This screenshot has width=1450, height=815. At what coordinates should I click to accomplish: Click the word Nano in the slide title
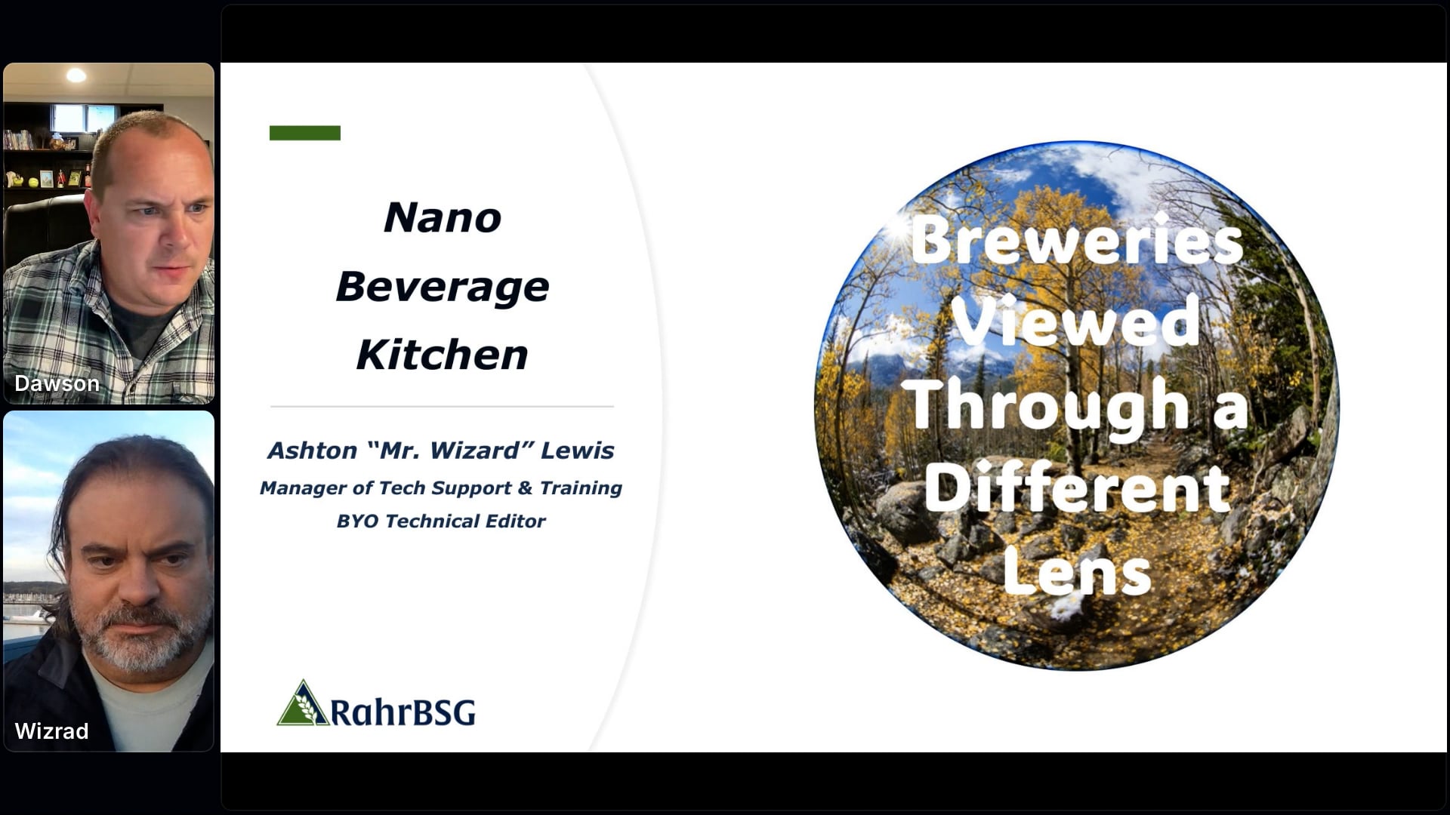(443, 217)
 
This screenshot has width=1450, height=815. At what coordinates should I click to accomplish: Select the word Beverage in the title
(443, 288)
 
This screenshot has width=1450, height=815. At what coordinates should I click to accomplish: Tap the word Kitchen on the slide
(443, 355)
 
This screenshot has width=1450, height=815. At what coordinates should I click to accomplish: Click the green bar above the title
(305, 133)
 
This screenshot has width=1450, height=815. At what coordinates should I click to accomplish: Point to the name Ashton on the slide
(312, 451)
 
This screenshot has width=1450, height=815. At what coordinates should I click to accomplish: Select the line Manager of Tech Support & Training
(441, 488)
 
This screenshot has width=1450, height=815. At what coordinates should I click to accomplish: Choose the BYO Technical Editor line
(441, 521)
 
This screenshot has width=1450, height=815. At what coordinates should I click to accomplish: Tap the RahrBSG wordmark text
(403, 712)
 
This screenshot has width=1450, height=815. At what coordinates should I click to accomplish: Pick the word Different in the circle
(1078, 487)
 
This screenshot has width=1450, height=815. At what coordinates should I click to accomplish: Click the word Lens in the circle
(1077, 571)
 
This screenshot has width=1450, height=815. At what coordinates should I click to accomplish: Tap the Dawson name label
(57, 383)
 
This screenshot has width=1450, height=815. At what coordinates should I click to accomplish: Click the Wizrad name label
(51, 731)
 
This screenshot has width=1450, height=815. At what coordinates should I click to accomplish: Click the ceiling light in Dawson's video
(76, 75)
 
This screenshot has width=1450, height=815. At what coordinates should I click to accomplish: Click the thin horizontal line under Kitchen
(443, 407)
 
